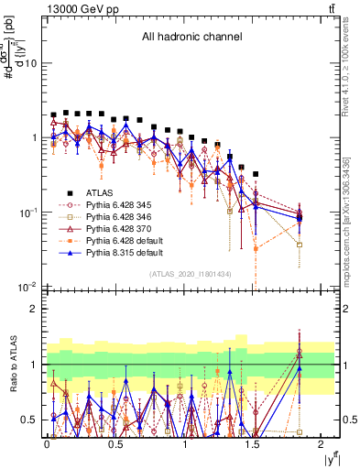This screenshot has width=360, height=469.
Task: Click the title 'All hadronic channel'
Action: click(191, 38)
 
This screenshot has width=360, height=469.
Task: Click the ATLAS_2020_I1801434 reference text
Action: click(191, 275)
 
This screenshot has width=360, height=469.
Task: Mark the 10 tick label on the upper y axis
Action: click(31, 63)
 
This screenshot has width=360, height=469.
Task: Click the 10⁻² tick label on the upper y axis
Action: click(27, 287)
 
